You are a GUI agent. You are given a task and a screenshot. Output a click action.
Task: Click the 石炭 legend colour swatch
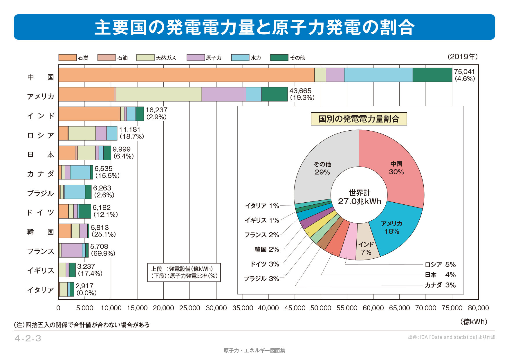tap(67, 57)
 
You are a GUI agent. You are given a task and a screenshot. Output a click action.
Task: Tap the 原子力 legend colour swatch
tap(195, 57)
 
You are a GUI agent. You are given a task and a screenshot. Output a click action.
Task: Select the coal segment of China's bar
tap(186, 75)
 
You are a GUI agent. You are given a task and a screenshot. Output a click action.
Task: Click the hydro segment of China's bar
tap(378, 75)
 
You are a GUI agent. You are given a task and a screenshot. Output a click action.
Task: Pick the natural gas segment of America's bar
tap(159, 94)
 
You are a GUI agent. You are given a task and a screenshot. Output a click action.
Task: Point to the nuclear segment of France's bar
tap(71, 250)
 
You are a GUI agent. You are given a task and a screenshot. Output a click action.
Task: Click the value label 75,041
tap(464, 71)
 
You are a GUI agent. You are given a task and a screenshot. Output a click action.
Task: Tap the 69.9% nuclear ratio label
tap(103, 253)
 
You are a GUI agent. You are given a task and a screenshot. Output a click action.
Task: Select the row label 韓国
tap(40, 232)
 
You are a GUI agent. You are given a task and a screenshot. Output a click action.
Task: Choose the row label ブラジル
tap(40, 193)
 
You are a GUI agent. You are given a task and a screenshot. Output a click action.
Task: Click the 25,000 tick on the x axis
tap(189, 308)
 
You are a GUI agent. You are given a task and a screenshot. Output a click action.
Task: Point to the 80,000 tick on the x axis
tap(478, 308)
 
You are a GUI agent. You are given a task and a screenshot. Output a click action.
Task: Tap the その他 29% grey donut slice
tap(322, 168)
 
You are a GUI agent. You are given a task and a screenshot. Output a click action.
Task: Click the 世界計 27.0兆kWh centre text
tap(359, 197)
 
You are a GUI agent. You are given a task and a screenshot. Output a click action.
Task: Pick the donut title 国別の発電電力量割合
tap(359, 119)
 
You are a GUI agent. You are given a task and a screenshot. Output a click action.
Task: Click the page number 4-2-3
tap(28, 338)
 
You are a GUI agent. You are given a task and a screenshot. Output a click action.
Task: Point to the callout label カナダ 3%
tap(440, 285)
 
